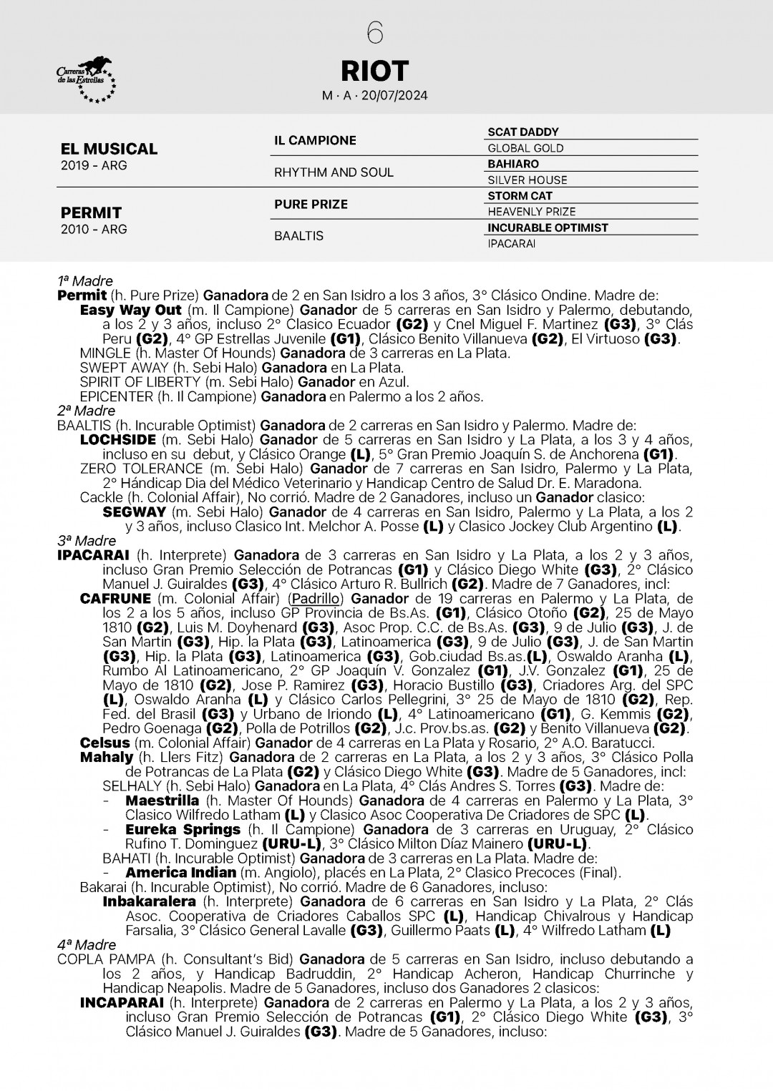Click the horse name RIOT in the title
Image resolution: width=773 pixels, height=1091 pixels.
[x=374, y=71]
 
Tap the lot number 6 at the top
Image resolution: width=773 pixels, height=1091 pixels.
[x=375, y=33]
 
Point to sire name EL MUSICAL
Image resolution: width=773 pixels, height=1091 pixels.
[x=109, y=149]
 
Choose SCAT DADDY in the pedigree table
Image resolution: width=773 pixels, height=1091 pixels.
[x=522, y=132]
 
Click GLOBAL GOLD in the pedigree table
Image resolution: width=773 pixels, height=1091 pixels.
[x=525, y=148]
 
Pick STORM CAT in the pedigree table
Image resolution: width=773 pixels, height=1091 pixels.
[x=520, y=196]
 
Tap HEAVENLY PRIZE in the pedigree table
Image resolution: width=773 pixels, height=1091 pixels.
[x=531, y=212]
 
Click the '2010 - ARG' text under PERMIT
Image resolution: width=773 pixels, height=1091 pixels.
[x=94, y=230]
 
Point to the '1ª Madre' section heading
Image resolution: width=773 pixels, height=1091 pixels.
[x=85, y=281]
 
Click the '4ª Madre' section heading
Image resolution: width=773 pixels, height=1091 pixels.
[x=86, y=945]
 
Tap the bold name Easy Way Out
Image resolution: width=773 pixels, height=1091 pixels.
[x=130, y=310]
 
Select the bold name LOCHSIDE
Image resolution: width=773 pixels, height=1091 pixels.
[x=118, y=440]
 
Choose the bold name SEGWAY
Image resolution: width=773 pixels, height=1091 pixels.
[x=135, y=512]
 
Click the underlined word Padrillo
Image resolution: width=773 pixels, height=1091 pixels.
[x=316, y=599]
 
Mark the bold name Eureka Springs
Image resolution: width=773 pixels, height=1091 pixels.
[x=183, y=830]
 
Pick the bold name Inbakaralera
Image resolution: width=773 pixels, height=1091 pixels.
[x=149, y=901]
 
